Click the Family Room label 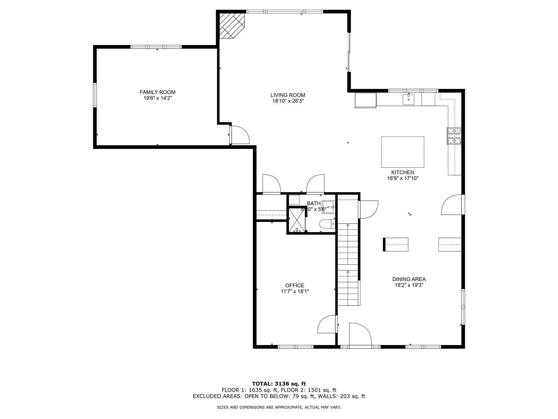pyautogui.click(x=157, y=92)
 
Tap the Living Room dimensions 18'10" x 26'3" pyautogui.click(x=288, y=101)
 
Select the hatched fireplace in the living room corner pyautogui.click(x=232, y=26)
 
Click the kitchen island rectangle pyautogui.click(x=402, y=152)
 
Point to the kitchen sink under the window pyautogui.click(x=408, y=99)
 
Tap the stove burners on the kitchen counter pyautogui.click(x=454, y=136)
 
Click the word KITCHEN pyautogui.click(x=402, y=172)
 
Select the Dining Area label pyautogui.click(x=409, y=279)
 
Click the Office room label pyautogui.click(x=295, y=285)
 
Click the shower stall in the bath pyautogui.click(x=297, y=220)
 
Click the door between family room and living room pyautogui.click(x=240, y=134)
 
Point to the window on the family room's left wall pyautogui.click(x=95, y=95)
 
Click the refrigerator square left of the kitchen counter pyautogui.click(x=365, y=100)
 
